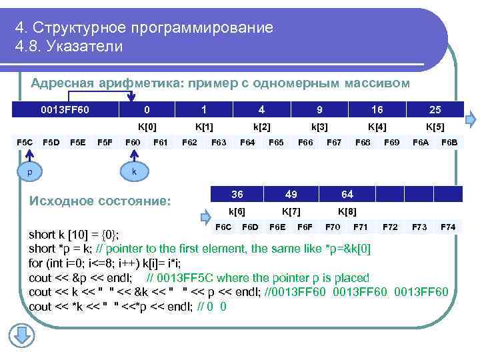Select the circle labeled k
(133, 171)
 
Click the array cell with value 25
(435, 109)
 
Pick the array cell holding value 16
(377, 109)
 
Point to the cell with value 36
(237, 194)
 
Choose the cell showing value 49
(291, 194)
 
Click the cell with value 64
(347, 194)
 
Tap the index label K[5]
(436, 125)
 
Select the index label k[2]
(261, 125)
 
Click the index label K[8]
(347, 211)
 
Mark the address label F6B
(449, 141)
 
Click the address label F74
(448, 227)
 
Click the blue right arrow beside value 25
(471, 120)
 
